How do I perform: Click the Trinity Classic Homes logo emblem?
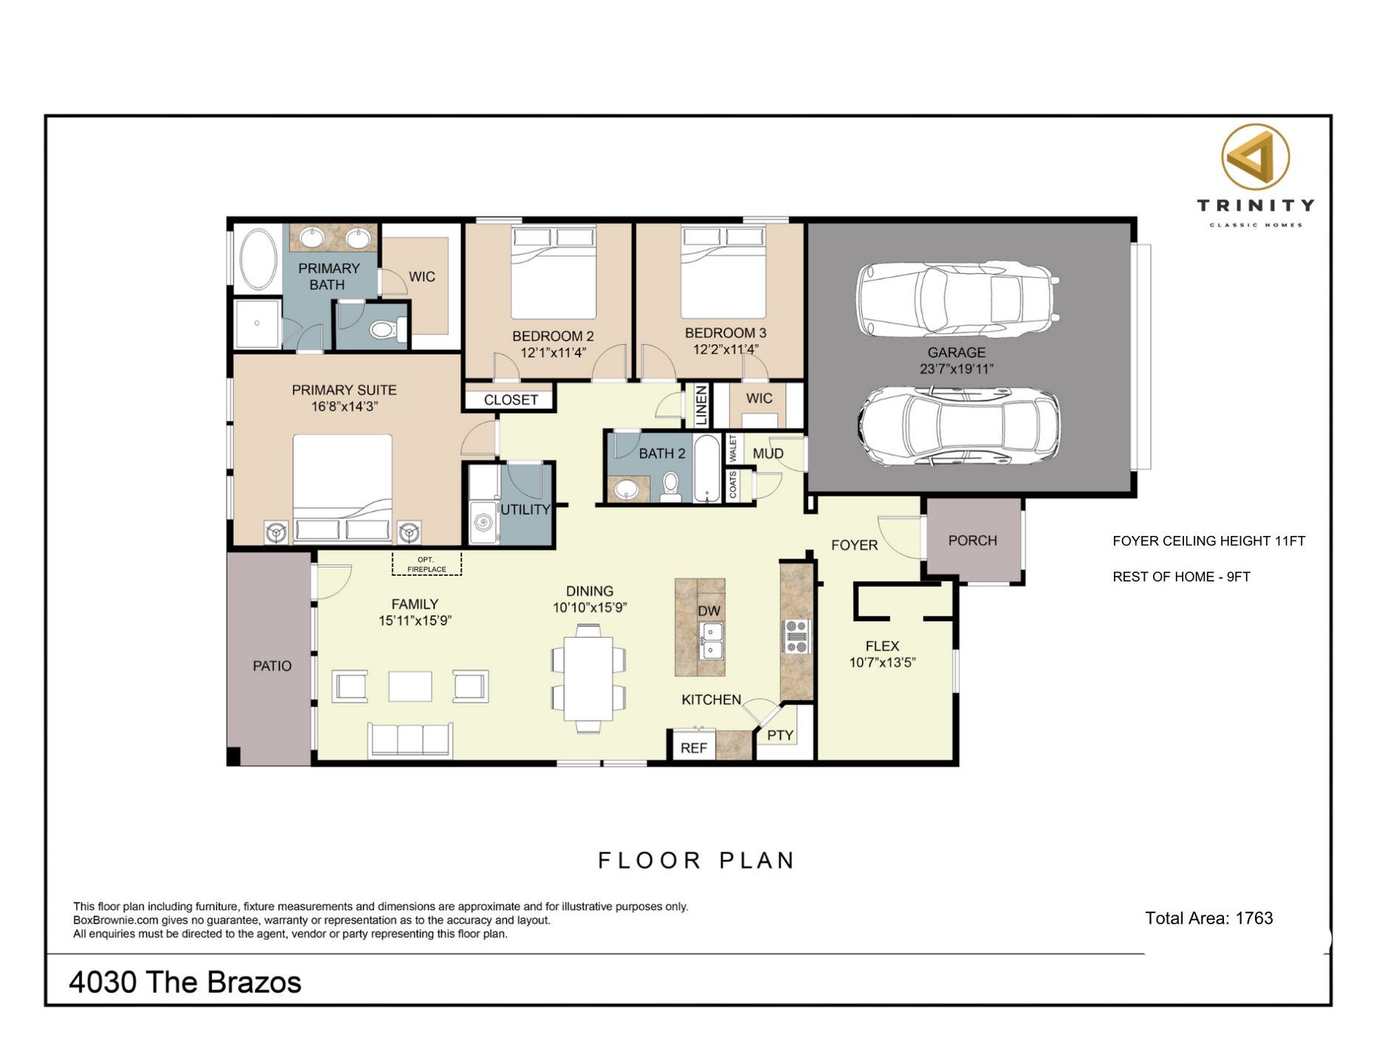[x=1255, y=157]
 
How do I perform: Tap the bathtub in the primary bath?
[x=257, y=258]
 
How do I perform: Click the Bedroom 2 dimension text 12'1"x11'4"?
[x=553, y=353]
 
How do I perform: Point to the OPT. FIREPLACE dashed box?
[x=427, y=564]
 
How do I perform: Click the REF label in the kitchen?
[x=693, y=748]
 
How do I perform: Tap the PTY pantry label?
[x=780, y=735]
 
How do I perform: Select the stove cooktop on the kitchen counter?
[x=797, y=636]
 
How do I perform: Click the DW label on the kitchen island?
[x=709, y=610]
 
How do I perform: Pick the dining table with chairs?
[x=588, y=678]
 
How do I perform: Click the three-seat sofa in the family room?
[x=410, y=739]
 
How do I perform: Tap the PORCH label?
[x=972, y=540]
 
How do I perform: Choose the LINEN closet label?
[x=701, y=405]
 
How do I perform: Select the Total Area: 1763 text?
[x=1208, y=918]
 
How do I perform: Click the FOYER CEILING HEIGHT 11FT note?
[x=1208, y=541]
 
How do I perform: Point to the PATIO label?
[x=272, y=666]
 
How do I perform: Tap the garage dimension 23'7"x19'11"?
[x=956, y=369]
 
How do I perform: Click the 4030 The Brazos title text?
[x=185, y=983]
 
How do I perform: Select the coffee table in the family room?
[x=410, y=686]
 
